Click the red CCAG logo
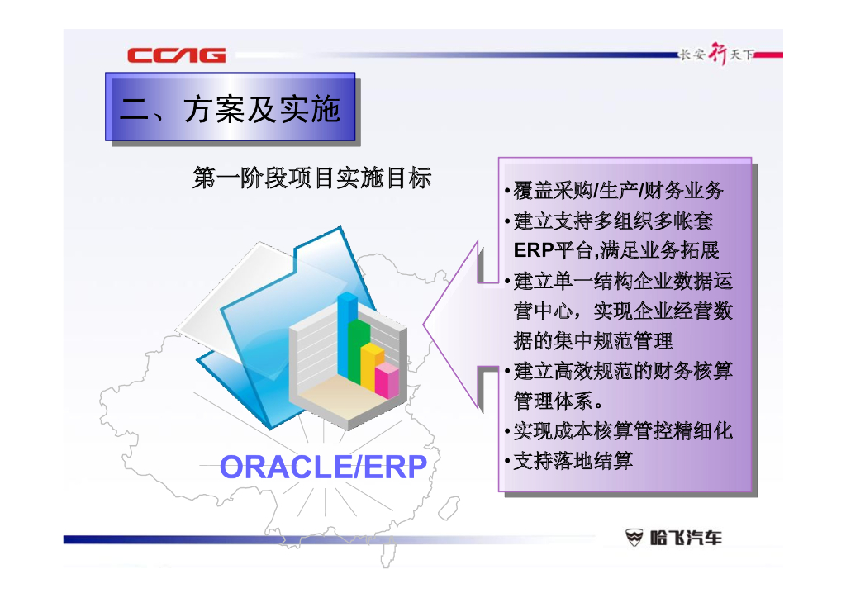pos(177,55)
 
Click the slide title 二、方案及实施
pos(231,110)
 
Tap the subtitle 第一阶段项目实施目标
pos(311,178)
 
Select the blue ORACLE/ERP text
pos(323,467)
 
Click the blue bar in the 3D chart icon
pos(347,335)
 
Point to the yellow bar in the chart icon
pos(372,367)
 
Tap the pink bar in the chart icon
pos(387,380)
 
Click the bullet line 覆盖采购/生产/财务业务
pos(618,190)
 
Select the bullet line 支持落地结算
pos(573,461)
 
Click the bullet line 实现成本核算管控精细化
pos(623,431)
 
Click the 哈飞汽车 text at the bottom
pos(686,538)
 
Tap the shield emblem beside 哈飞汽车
pos(634,538)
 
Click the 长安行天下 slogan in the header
pos(716,54)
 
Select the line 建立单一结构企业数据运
pos(623,281)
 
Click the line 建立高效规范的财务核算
pos(623,371)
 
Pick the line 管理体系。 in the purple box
pos(559,401)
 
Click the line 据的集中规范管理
pos(593,341)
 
